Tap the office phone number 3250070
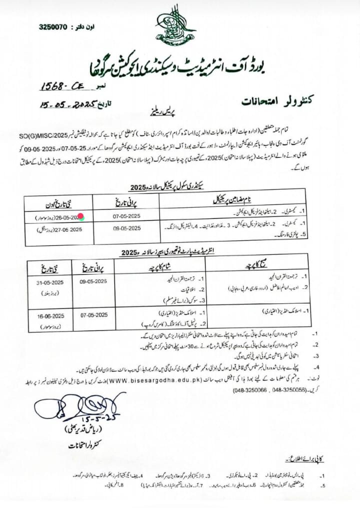[x=52, y=26]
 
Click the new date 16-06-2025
[x=51, y=315]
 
